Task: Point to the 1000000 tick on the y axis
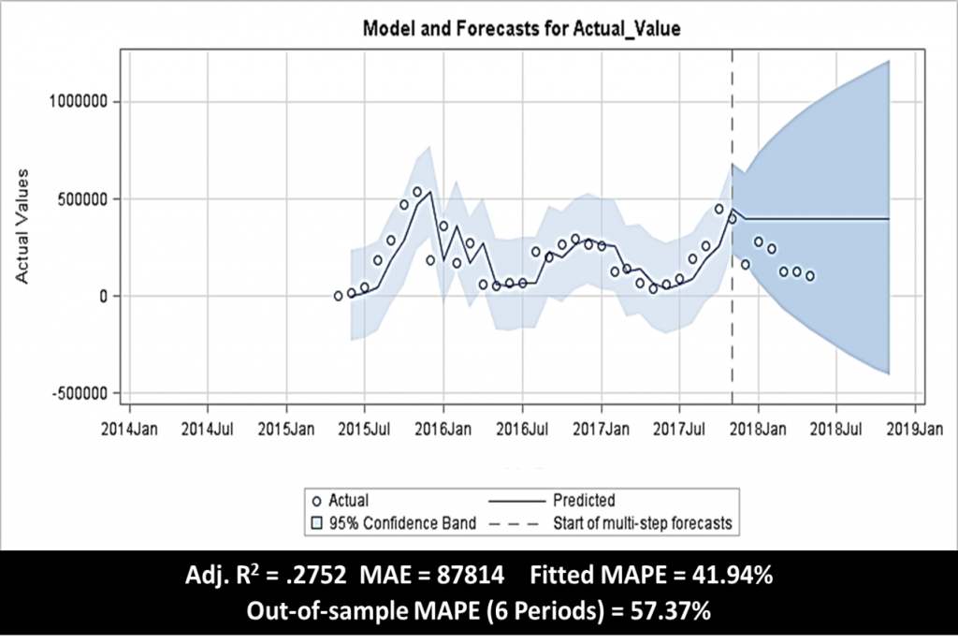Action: (x=78, y=102)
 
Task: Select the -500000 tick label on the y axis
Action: (x=79, y=393)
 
